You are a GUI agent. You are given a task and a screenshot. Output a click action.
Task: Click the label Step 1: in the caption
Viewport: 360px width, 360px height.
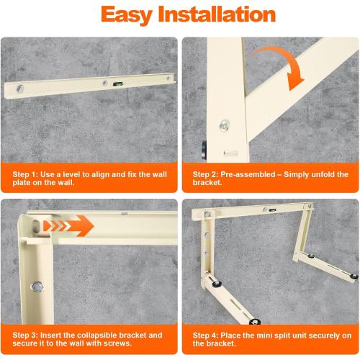[x=27, y=174]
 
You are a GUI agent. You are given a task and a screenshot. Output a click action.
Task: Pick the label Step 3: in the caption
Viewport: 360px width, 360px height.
[x=27, y=336]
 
